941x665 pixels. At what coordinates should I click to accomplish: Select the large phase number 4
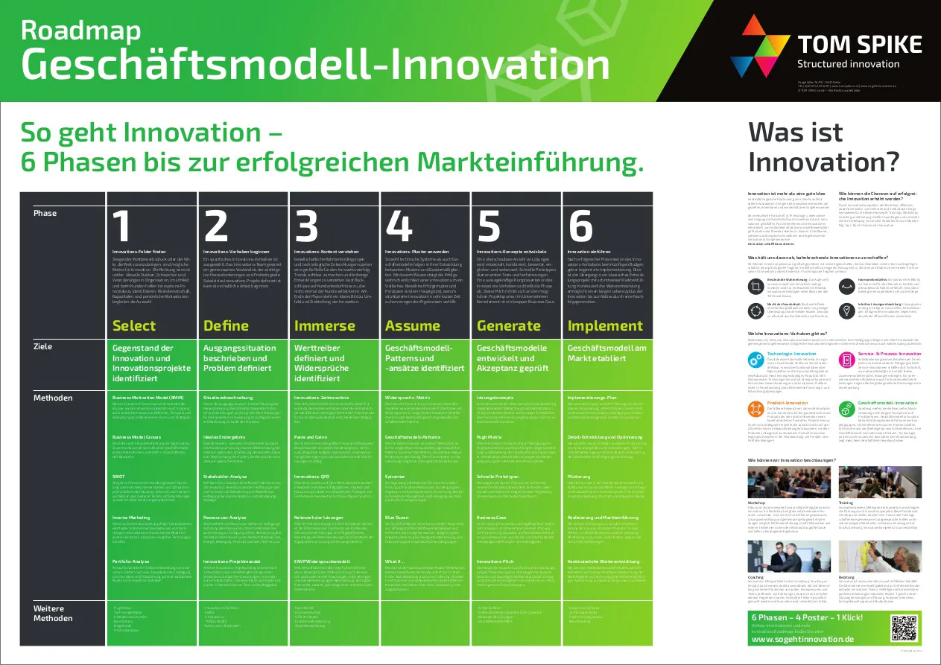click(399, 226)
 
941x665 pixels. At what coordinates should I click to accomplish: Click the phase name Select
click(134, 325)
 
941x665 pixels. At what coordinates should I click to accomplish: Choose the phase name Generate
click(508, 325)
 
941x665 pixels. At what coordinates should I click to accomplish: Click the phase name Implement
click(605, 325)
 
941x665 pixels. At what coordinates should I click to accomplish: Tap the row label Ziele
click(43, 346)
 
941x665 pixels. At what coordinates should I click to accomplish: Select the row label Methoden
click(53, 398)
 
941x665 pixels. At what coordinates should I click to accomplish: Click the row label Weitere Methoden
click(53, 612)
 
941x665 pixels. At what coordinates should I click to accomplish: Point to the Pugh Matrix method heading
click(491, 436)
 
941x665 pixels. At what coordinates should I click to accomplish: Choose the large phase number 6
click(581, 226)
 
